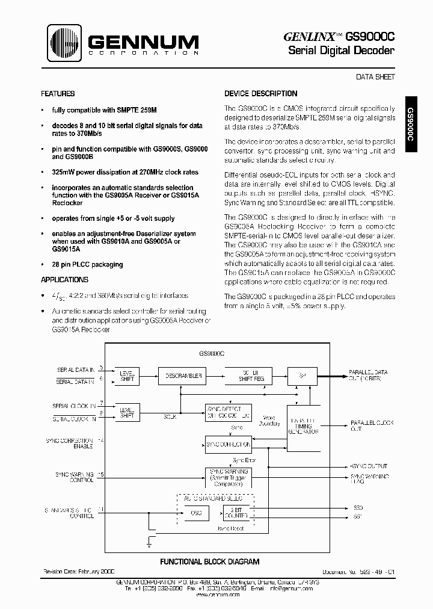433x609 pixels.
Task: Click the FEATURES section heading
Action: point(58,94)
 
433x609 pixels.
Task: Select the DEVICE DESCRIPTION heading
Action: point(260,94)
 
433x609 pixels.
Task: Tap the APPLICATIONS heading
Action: point(64,280)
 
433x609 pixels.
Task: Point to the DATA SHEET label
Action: point(375,77)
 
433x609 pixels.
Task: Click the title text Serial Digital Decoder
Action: point(341,51)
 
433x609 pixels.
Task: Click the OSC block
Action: point(196,513)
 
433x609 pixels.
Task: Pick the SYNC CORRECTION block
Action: point(228,445)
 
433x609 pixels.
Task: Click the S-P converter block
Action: point(302,376)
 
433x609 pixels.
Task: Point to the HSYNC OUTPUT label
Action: point(369,466)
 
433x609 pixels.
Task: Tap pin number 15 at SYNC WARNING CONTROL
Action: point(101,475)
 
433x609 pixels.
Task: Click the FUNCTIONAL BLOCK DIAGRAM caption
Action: point(209,561)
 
